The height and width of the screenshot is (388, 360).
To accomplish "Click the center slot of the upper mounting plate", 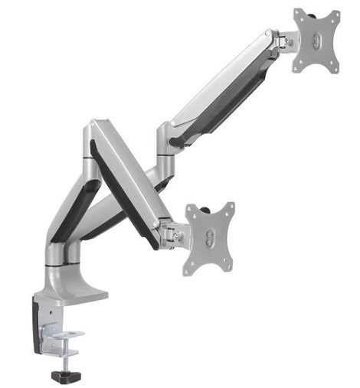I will [x=316, y=40].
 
